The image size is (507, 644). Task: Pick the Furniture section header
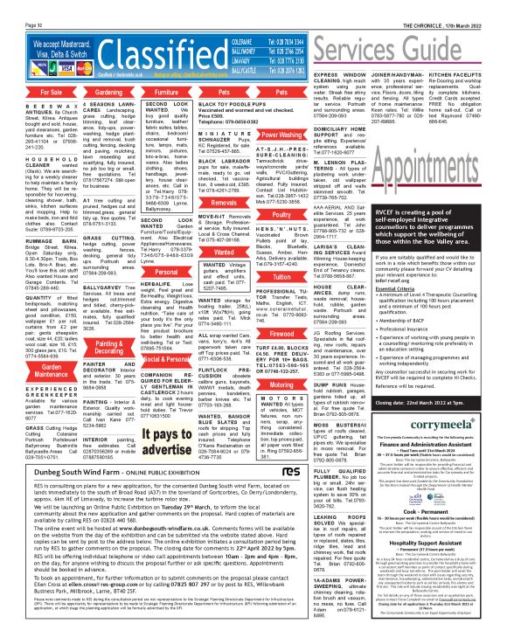(142, 91)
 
